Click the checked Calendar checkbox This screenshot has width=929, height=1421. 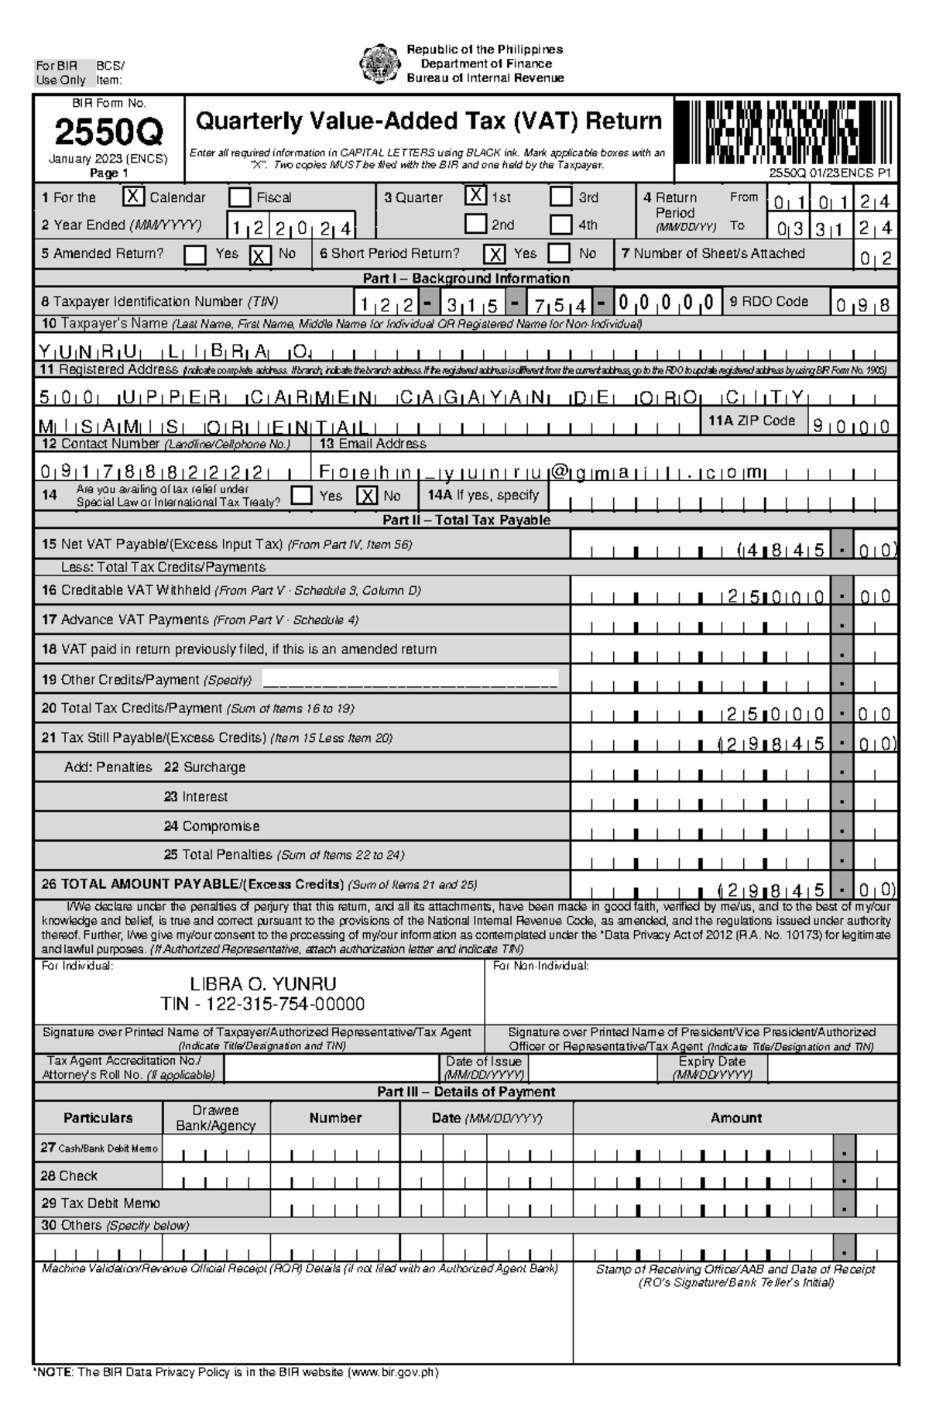point(133,197)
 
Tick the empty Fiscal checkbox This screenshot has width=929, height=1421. point(240,197)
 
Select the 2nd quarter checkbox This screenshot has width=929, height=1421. point(476,225)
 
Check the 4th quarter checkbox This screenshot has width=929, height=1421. point(561,225)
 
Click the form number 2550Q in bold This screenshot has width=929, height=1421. point(108,134)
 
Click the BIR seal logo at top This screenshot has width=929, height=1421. point(380,63)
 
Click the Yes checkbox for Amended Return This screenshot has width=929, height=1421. point(195,255)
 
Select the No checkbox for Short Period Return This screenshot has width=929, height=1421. point(559,254)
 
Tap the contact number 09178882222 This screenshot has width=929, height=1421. point(155,472)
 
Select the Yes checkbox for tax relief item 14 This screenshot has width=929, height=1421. point(302,496)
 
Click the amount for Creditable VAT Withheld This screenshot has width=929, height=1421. point(774,596)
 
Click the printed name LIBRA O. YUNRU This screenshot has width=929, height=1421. point(263,984)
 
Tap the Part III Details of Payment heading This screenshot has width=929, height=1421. point(465,1092)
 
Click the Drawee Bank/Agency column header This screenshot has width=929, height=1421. point(216,1118)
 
